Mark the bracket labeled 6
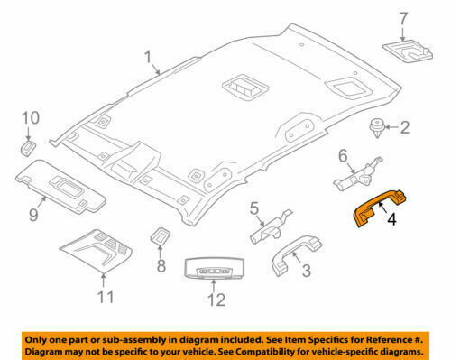point(356,173)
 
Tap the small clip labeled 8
point(160,237)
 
